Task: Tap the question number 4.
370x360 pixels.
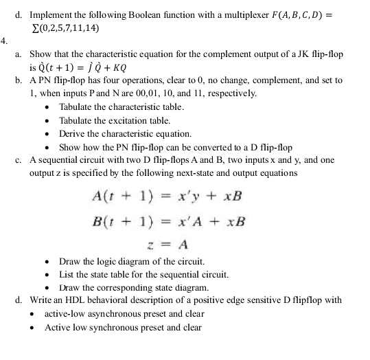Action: click(4, 39)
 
